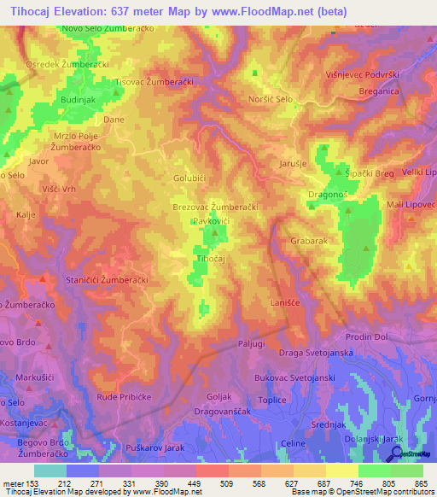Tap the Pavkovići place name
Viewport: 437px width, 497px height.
point(210,220)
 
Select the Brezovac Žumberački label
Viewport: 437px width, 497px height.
point(214,207)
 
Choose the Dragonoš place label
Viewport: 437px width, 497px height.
point(328,195)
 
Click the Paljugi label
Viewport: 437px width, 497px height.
point(253,344)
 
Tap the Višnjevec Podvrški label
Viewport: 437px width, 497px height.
point(364,75)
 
